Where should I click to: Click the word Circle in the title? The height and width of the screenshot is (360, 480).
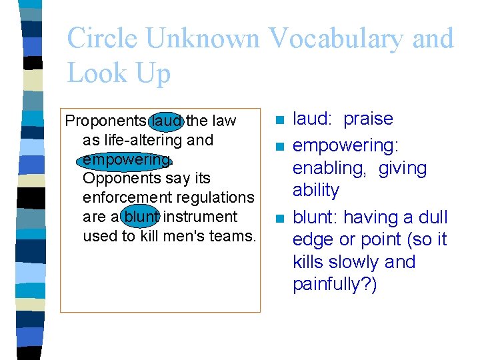coord(102,39)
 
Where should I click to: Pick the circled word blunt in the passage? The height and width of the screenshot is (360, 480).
coord(141,217)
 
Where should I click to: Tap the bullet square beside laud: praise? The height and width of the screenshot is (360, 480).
coord(279,121)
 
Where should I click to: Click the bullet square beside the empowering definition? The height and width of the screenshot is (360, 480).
coord(279,146)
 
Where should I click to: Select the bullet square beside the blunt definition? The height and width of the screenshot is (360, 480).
coord(279,219)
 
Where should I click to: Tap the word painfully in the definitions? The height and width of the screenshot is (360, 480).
coord(331,285)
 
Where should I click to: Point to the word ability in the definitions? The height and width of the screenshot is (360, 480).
coord(316,191)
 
